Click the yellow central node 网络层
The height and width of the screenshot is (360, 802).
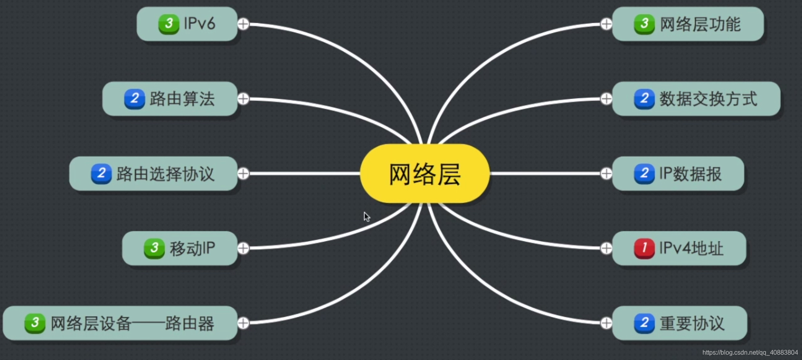tap(424, 174)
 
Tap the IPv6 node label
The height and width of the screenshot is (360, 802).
tap(199, 24)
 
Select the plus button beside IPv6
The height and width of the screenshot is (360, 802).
tap(243, 24)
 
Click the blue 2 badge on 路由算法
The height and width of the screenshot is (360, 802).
tap(134, 98)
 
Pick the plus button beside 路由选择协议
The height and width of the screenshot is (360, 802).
tap(243, 174)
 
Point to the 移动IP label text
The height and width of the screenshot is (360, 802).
tap(192, 248)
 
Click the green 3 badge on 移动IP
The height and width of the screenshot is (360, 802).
tap(154, 248)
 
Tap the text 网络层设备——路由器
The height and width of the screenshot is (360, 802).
tap(132, 324)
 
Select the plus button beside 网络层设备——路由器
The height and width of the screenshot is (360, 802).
tap(243, 323)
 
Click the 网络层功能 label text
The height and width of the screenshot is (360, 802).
tap(700, 24)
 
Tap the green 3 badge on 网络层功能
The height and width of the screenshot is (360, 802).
tap(644, 24)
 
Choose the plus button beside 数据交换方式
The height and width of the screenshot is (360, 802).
tap(606, 99)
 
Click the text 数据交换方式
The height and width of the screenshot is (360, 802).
tap(708, 99)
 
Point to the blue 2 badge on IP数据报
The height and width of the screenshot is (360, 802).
tap(644, 174)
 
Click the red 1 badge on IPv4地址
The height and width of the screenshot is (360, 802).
tap(644, 248)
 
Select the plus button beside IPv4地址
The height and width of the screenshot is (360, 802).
tap(606, 248)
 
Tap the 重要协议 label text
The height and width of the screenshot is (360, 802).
tap(692, 324)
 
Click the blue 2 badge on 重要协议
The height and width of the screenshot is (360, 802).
tap(644, 323)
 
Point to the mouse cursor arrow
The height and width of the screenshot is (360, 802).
tap(367, 217)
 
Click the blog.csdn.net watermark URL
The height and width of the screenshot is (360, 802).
tap(750, 353)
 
